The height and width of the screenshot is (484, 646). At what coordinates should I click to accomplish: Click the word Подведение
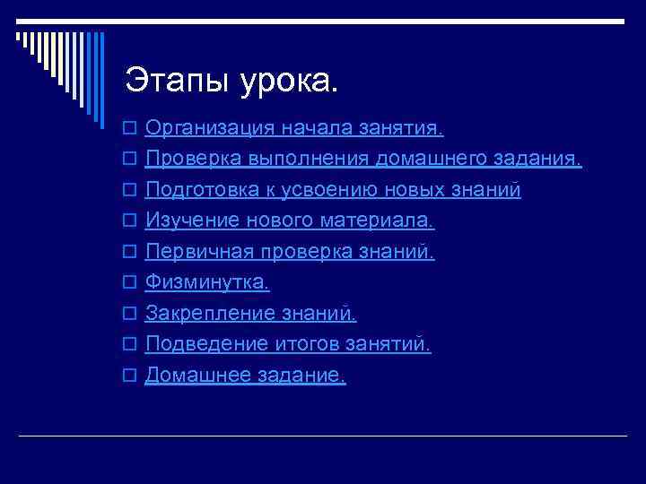[200, 344]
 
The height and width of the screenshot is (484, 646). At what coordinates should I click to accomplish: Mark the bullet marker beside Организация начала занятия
[129, 130]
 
